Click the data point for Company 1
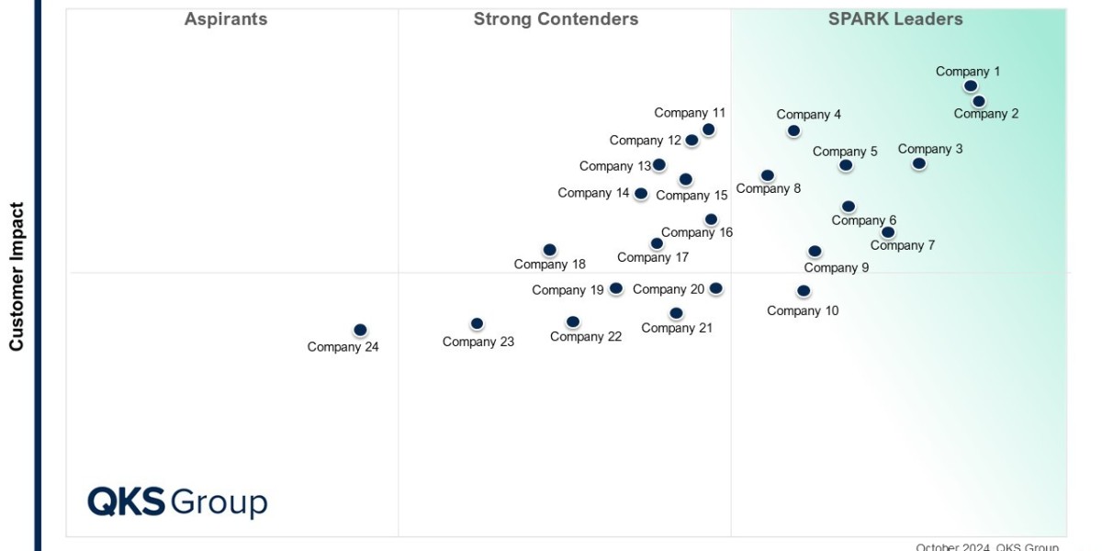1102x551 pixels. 971,86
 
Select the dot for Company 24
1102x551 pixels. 360,330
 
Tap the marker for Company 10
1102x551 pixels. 804,291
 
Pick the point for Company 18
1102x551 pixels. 549,250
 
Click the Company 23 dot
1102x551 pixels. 477,323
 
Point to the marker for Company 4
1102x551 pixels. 793,131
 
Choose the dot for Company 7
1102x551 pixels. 888,232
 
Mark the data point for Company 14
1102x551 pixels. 641,194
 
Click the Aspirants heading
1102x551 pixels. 226,19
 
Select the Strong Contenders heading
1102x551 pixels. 556,19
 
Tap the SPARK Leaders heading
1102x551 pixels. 895,19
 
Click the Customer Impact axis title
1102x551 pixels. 17,276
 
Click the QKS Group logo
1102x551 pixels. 177,502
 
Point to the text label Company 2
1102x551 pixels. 986,114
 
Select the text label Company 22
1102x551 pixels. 586,337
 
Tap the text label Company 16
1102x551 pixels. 697,232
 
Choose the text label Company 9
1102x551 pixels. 837,268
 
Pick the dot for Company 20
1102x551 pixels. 716,288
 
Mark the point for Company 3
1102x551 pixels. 918,163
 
